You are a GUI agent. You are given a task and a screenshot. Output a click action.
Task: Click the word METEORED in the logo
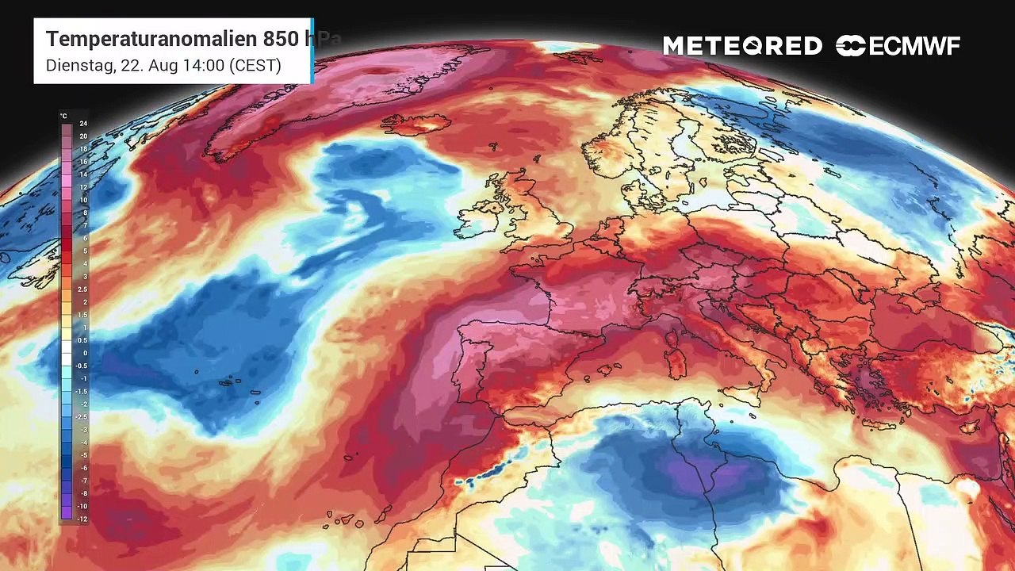742,46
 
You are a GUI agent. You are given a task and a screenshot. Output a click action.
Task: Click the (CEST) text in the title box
255,65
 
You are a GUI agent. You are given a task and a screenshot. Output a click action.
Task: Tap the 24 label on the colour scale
82,124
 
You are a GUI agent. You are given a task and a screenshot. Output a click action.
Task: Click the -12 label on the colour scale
82,519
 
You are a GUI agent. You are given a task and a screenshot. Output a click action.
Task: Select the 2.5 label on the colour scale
82,289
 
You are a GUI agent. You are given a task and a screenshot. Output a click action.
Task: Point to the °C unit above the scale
64,116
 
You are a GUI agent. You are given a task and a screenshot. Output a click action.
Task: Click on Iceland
416,125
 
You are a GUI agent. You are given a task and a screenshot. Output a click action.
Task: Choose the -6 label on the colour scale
82,468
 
